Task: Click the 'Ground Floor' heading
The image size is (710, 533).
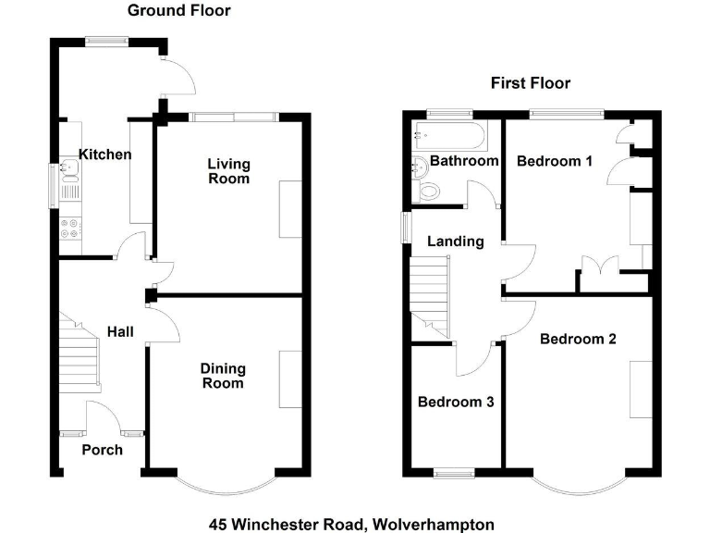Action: (178, 11)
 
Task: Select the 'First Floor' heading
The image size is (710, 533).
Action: (530, 83)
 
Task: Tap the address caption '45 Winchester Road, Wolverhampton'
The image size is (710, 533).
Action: (351, 525)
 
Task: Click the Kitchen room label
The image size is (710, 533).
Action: (104, 155)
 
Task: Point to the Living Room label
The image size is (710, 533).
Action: (227, 171)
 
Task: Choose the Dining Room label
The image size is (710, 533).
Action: (222, 375)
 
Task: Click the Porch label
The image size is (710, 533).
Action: (102, 450)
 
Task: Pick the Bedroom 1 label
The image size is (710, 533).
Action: (554, 161)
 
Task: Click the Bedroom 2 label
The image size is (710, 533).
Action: (578, 339)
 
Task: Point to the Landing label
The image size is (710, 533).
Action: (455, 242)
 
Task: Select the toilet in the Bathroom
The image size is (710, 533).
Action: (428, 191)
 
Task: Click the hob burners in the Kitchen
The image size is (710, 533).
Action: (70, 229)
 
